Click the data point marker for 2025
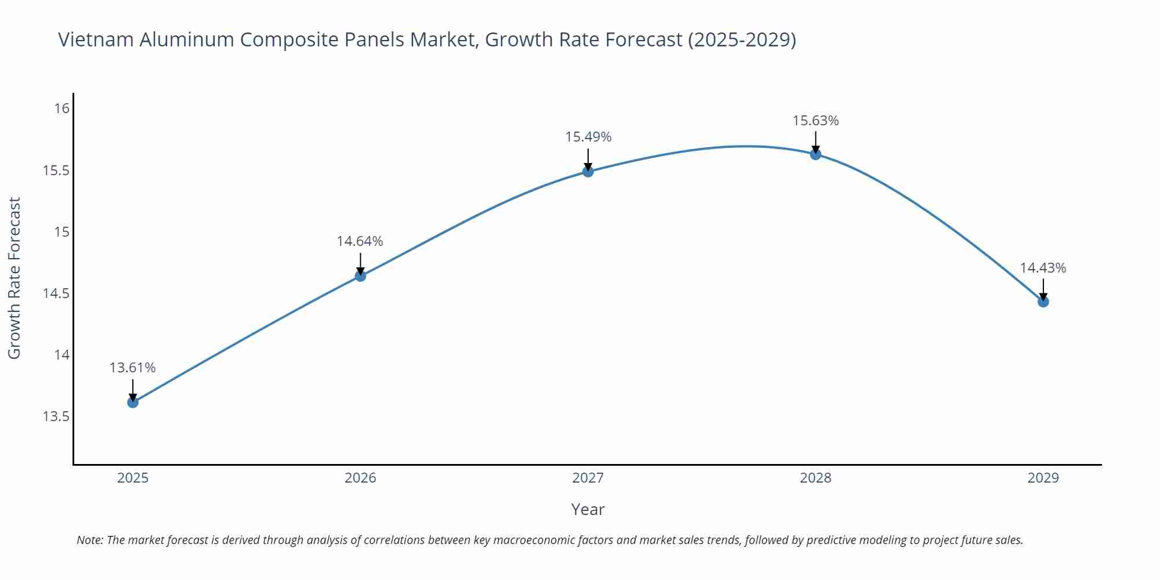coord(133,402)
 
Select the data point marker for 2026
coord(360,276)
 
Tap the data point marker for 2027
coord(588,171)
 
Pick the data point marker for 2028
coord(815,154)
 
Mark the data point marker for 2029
coord(1043,302)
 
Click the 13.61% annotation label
coord(133,368)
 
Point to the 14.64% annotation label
coord(360,241)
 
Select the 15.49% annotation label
coord(588,137)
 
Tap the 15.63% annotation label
coord(815,121)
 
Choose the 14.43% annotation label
coord(1043,268)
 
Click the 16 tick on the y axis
coord(62,108)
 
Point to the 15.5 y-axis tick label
coord(56,171)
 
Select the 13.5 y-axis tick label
coord(56,416)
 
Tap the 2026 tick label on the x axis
coord(360,478)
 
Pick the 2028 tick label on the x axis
coord(815,478)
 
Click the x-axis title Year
coord(588,509)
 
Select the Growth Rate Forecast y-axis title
coord(14,278)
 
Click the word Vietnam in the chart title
coord(96,39)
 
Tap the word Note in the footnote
coord(89,540)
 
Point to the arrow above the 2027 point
coord(588,158)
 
